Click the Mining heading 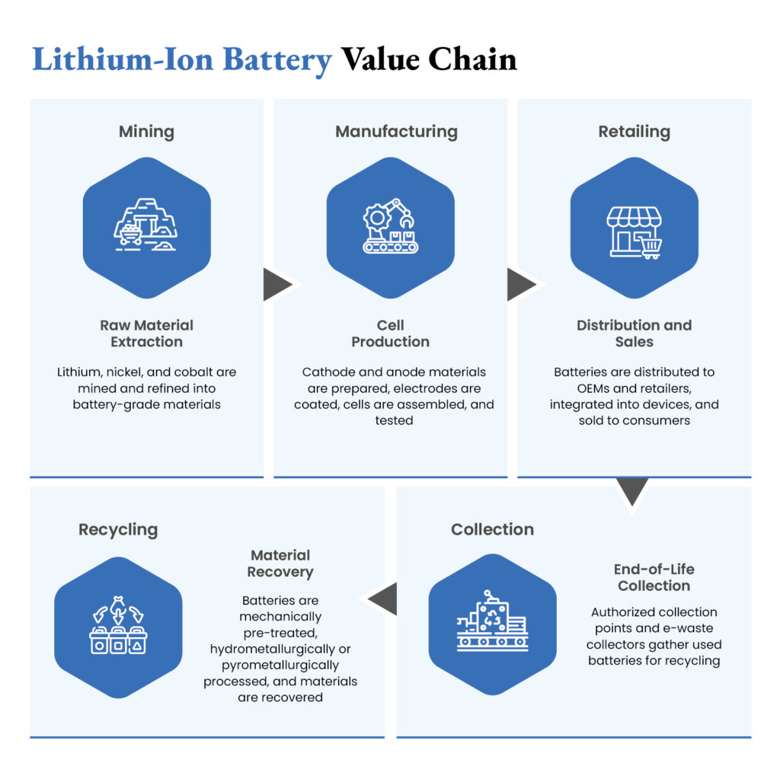coord(146,132)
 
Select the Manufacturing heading coord(396,132)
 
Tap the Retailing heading coord(634,132)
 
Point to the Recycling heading coord(118,529)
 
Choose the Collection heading coord(492,529)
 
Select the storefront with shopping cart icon coord(635,228)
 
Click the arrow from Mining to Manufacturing coord(277,285)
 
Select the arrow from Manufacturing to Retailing coord(521,285)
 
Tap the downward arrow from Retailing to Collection coord(632,491)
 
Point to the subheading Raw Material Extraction coord(146,334)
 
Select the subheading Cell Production coord(391,334)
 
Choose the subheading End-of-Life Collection coord(654,577)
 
